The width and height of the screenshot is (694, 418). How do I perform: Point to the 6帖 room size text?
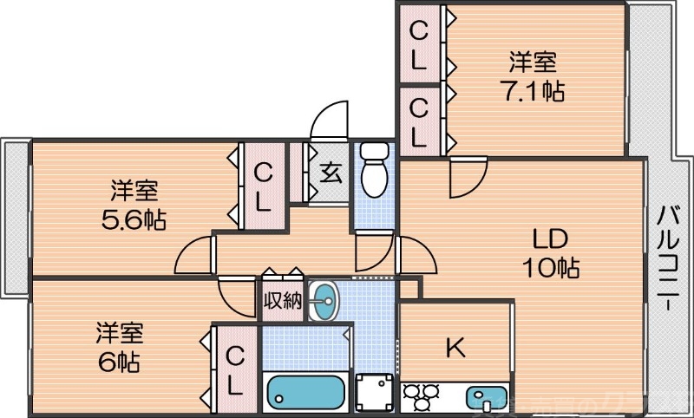tap(120, 358)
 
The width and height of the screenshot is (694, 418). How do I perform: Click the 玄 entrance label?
tap(331, 172)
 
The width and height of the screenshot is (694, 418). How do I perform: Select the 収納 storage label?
tap(282, 303)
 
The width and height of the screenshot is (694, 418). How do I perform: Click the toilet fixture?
tap(376, 168)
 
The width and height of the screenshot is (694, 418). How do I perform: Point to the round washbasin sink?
tap(324, 301)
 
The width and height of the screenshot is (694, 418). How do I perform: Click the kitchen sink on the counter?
tap(484, 398)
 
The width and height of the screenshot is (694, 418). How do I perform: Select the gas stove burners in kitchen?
tap(420, 398)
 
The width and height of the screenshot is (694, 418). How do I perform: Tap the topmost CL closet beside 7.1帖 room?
tap(419, 44)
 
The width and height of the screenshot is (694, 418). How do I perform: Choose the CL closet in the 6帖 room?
tap(234, 369)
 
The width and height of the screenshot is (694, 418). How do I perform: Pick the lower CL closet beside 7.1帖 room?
tap(419, 122)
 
